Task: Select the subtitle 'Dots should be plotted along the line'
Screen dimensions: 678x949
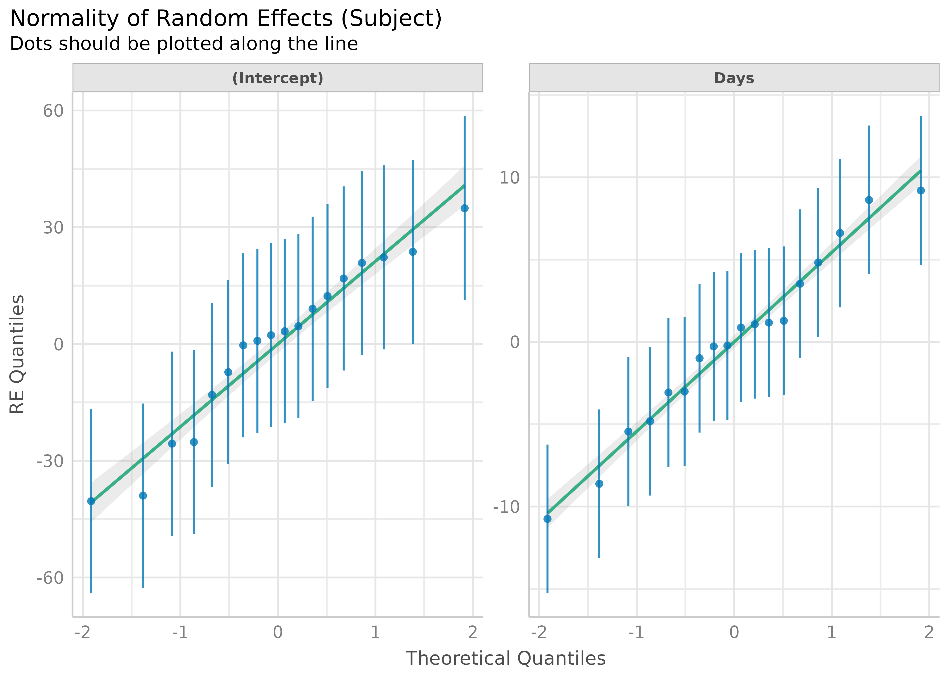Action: point(184,44)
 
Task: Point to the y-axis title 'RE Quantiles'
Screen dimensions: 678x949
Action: point(18,354)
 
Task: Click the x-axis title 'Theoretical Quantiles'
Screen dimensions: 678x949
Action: point(505,658)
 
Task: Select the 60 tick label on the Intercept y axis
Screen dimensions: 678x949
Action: point(53,111)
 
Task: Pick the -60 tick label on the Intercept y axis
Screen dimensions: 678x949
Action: point(50,578)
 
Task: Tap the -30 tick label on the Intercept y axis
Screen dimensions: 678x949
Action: point(50,461)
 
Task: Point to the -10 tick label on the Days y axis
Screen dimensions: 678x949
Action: point(507,507)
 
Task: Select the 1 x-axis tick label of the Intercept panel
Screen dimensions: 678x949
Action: point(375,633)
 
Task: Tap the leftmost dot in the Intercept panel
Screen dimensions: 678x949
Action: point(91,501)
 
